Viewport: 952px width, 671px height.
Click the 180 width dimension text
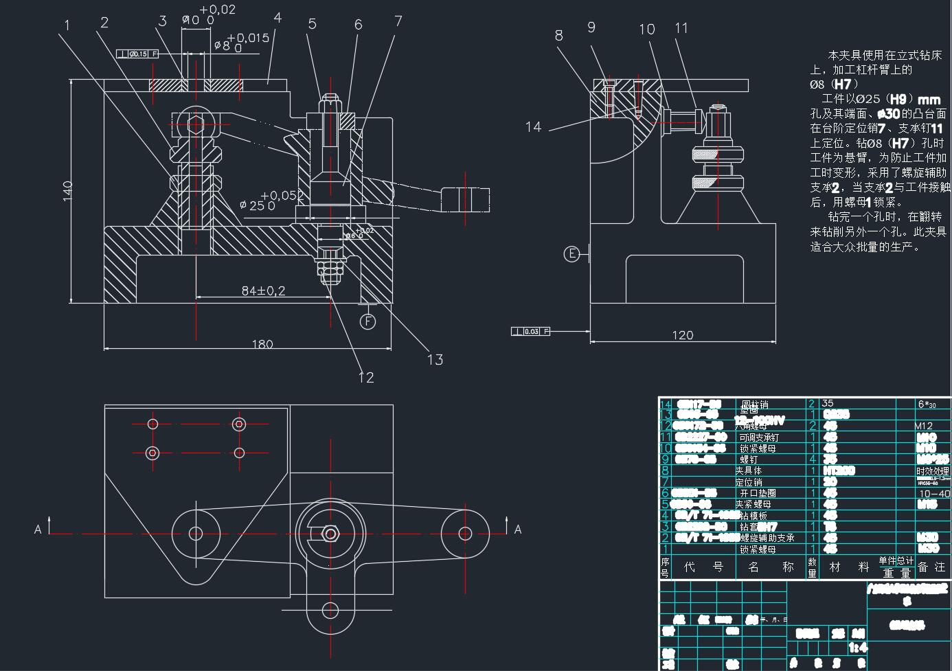[262, 343]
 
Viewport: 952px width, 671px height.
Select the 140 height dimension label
[67, 190]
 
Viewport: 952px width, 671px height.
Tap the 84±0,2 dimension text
[263, 291]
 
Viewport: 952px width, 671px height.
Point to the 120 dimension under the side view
[682, 334]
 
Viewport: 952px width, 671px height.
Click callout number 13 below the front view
[435, 359]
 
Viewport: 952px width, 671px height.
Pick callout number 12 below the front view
[365, 377]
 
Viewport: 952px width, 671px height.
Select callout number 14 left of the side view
[533, 126]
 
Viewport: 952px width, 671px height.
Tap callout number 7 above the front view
[398, 21]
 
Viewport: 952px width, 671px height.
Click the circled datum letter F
[369, 321]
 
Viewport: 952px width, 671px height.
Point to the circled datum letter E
[571, 254]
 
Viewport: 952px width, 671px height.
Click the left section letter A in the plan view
[38, 529]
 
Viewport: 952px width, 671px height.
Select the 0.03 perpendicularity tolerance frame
[531, 332]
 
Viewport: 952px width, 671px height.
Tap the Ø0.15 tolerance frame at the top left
[137, 54]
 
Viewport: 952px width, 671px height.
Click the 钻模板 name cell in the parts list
[753, 515]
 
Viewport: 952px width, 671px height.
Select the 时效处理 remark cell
[932, 471]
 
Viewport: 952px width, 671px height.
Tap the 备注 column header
[931, 567]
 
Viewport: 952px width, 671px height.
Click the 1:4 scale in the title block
[858, 648]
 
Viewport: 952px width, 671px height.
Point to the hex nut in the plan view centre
[330, 533]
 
